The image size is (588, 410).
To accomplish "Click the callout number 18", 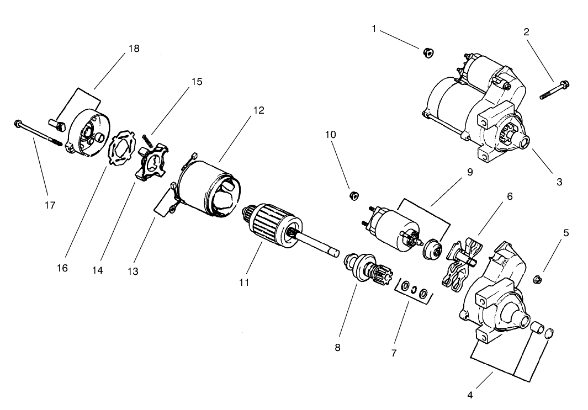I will [134, 49].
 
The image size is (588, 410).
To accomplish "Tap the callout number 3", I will [559, 182].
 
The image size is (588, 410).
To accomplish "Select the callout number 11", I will [244, 282].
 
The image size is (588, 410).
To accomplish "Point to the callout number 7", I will [394, 353].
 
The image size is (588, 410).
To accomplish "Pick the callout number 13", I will [133, 271].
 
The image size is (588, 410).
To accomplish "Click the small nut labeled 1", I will [427, 52].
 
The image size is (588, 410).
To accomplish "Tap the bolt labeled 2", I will [555, 90].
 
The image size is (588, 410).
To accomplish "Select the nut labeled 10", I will [355, 195].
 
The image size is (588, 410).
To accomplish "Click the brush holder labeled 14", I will [150, 163].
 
